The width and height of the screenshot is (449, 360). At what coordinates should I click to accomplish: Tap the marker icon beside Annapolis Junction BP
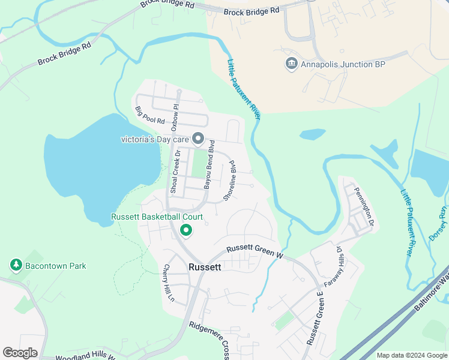click(x=292, y=64)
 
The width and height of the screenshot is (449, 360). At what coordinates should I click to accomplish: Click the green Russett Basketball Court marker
click(x=186, y=230)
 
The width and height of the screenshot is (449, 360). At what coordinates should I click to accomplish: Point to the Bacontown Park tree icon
click(x=16, y=265)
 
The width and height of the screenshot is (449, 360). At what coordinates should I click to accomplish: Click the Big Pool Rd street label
click(x=150, y=115)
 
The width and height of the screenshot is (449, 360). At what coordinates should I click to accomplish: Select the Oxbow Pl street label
click(x=175, y=118)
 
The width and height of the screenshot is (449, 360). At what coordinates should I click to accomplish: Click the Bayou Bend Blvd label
click(x=209, y=166)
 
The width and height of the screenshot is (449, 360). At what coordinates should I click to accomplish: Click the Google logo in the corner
click(x=20, y=353)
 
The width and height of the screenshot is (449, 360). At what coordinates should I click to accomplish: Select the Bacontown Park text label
click(x=56, y=266)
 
